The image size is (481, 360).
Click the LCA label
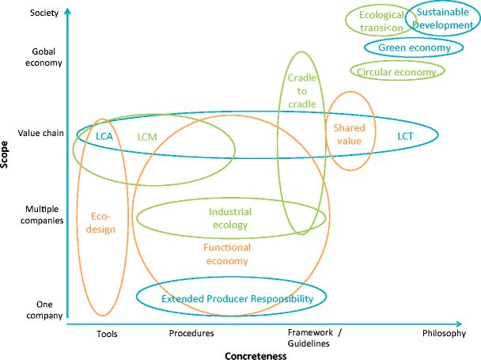tap(104, 136)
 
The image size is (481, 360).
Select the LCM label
tap(147, 136)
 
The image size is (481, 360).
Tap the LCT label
tap(405, 136)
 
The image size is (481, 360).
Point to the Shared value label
tap(347, 134)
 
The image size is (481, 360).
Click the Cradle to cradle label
tap(301, 91)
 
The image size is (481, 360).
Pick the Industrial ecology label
tap(230, 218)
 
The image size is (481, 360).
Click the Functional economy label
tap(227, 254)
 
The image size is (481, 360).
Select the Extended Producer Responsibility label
tap(232, 298)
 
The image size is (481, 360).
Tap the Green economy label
tap(415, 48)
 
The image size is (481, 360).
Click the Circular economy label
tap(396, 72)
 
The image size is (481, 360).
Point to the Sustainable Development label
tap(444, 18)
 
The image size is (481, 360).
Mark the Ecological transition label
tap(381, 20)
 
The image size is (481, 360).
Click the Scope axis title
tap(8, 156)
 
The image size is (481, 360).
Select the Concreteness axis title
tap(255, 354)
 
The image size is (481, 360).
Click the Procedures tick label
tap(191, 333)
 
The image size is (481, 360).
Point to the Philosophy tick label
tap(444, 333)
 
